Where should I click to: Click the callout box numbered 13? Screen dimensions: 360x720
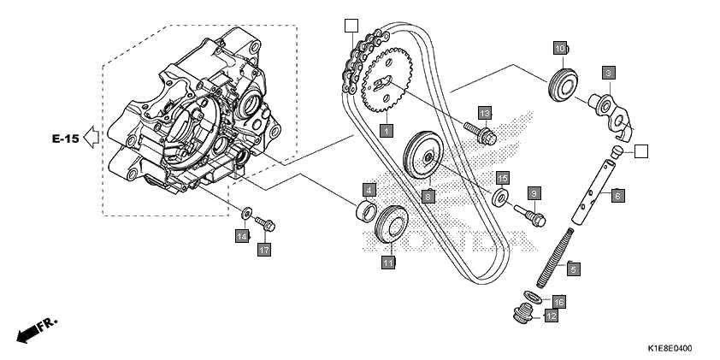pos(485,114)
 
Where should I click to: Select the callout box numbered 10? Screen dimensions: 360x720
pos(559,48)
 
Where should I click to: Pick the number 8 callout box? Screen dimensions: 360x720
pos(428,196)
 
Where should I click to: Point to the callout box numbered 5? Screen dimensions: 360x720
pos(574,269)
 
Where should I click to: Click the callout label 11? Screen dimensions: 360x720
pos(388,263)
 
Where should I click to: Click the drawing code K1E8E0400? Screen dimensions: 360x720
pos(670,349)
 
